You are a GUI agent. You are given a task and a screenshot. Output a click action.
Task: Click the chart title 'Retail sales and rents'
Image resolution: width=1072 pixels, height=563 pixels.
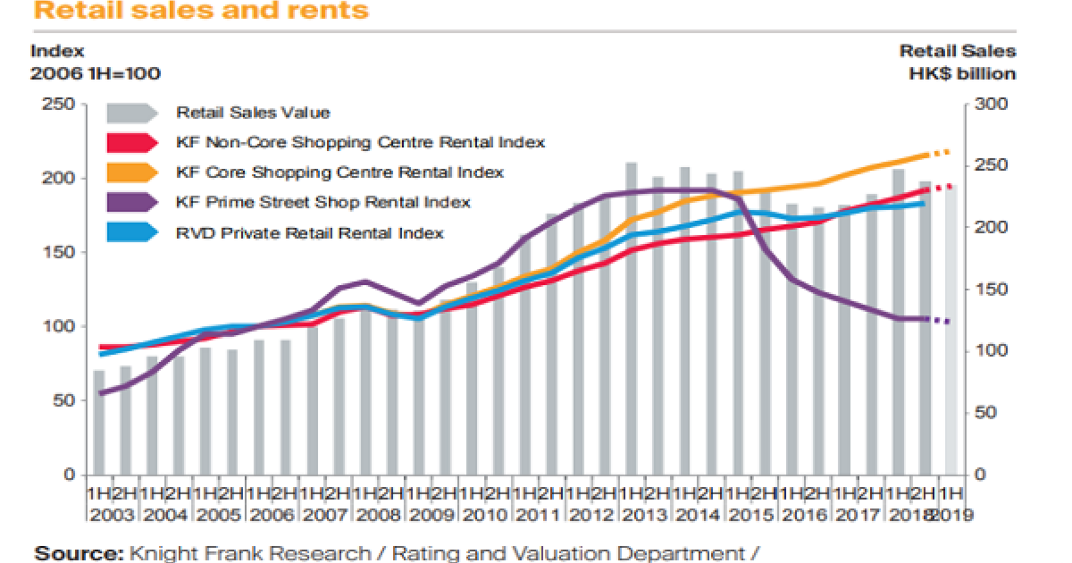(x=201, y=12)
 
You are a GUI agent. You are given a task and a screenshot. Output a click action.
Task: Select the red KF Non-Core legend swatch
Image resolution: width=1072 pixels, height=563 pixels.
(x=130, y=142)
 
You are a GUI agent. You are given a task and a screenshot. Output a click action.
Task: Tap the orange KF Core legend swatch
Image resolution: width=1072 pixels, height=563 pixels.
(x=130, y=172)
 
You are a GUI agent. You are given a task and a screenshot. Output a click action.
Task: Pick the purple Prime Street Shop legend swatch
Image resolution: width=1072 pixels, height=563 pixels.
(x=130, y=202)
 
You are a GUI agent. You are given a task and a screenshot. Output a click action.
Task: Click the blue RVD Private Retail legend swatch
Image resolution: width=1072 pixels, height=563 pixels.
(x=130, y=232)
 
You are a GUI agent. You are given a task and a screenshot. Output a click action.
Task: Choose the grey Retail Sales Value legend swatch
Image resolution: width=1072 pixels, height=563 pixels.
(x=130, y=113)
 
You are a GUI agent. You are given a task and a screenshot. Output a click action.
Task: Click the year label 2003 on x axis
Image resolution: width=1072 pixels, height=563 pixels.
(x=113, y=515)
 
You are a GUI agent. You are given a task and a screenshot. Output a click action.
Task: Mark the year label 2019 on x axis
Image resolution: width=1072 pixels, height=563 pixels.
(x=952, y=515)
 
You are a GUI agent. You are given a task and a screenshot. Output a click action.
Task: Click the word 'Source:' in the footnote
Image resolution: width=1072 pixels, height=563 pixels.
(x=78, y=554)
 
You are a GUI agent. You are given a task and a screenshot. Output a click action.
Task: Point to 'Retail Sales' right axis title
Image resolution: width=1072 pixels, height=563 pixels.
(x=958, y=52)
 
